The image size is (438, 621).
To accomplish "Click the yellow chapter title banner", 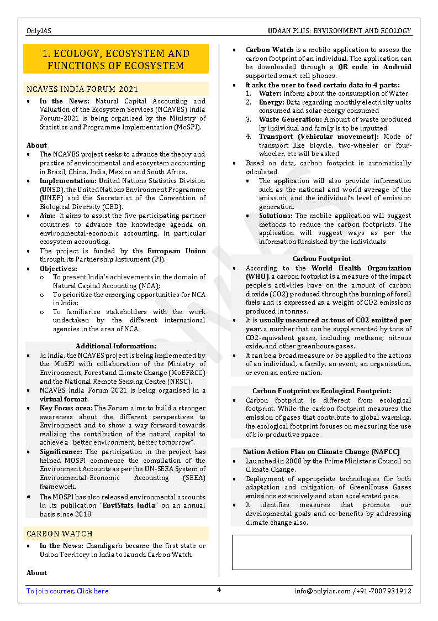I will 116,59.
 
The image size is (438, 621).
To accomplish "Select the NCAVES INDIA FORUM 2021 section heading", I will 82,89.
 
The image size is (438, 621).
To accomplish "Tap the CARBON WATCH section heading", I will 60,534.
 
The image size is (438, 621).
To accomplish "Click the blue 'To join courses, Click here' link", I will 67,591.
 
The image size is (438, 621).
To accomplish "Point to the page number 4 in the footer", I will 219,590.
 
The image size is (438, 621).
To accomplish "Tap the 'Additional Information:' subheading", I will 116,346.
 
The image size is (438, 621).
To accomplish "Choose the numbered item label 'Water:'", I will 271,93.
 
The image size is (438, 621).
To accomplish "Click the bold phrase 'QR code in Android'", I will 374,67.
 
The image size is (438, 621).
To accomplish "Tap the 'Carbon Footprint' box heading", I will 321,259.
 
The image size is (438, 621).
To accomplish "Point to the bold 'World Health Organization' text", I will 362,268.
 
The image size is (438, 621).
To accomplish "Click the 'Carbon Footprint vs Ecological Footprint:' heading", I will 321,391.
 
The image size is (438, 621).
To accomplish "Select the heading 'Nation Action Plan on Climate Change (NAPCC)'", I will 321,452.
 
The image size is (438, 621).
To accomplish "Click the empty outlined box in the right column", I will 321,552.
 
